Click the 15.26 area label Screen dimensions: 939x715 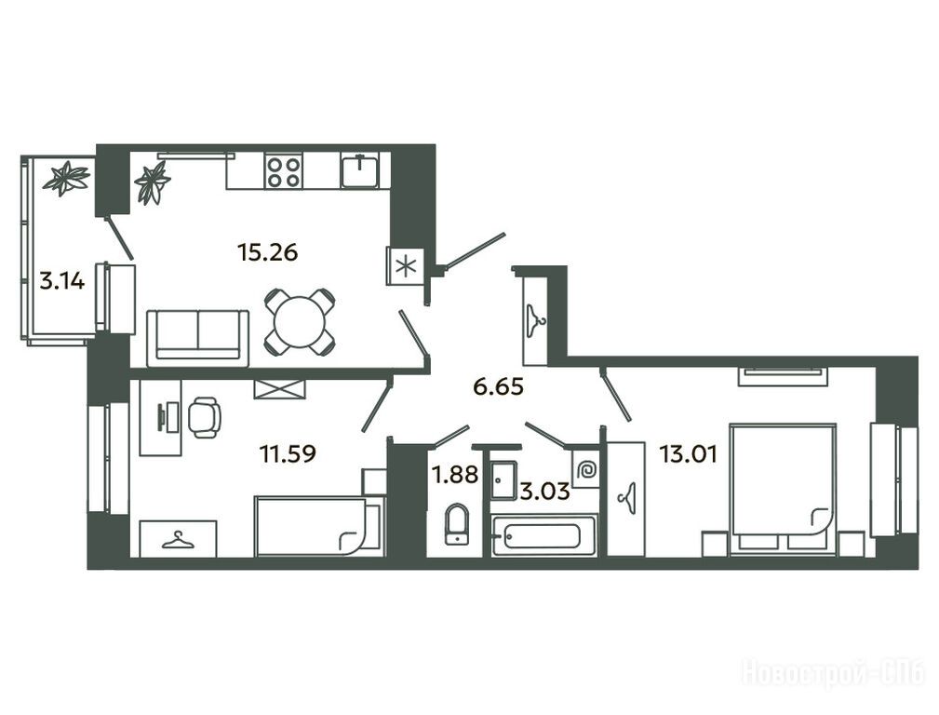268,252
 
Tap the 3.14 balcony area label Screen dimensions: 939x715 62,280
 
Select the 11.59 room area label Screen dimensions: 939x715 288,453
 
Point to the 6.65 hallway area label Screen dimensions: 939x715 498,386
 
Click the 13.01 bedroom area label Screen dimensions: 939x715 688,454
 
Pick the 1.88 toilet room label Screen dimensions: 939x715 456,475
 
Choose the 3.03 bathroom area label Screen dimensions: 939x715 543,492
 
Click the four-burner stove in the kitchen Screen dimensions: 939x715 284,171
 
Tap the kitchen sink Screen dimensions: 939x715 359,170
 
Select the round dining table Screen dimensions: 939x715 300,321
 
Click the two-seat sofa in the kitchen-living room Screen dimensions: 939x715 197,338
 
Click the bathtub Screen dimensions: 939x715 543,535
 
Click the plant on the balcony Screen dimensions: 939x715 67,178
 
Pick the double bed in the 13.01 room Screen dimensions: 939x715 782,479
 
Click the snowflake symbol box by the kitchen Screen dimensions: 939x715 406,266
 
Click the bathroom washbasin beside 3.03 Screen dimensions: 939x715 503,479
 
